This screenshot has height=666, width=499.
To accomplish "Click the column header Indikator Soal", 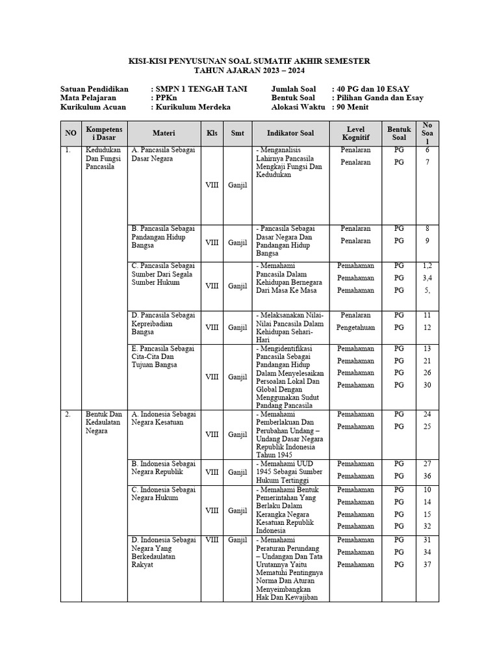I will click(x=290, y=133).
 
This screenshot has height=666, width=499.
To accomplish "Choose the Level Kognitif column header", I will click(x=356, y=133).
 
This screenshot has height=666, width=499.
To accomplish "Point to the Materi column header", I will click(x=164, y=133).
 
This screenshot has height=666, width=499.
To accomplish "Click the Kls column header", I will click(x=212, y=133).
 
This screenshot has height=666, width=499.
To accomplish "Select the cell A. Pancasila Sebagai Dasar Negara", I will click(x=163, y=154).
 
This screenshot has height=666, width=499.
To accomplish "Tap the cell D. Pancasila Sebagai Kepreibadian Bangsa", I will click(x=163, y=323).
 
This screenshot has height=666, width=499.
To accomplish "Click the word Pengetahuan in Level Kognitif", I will click(x=355, y=328).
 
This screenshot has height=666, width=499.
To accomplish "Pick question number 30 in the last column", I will click(x=427, y=385).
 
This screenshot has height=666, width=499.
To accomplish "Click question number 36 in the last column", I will click(x=427, y=476).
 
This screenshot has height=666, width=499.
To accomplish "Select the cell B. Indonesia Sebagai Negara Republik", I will click(x=163, y=468).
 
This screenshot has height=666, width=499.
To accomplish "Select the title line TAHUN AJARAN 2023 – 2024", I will click(x=249, y=70).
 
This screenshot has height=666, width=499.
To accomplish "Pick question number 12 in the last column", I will click(x=427, y=328).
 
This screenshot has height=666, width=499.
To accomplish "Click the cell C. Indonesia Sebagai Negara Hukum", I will click(x=163, y=494).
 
